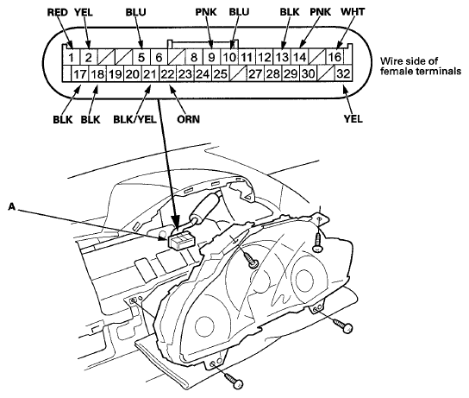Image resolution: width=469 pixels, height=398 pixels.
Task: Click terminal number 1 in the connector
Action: point(71,57)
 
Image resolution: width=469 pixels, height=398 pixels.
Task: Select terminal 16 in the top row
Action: point(335,57)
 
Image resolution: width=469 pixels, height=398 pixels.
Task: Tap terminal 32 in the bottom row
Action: point(343,73)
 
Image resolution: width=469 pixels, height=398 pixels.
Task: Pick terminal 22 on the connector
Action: point(167,73)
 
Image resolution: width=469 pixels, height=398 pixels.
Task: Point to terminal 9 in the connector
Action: point(211,57)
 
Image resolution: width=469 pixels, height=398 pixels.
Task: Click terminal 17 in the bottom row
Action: point(80,73)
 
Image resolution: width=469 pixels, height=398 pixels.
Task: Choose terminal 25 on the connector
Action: point(220,73)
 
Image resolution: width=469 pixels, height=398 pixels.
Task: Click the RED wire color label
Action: point(58,12)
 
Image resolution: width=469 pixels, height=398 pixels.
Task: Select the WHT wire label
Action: point(353,12)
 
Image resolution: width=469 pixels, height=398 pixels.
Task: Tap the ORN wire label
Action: point(188,119)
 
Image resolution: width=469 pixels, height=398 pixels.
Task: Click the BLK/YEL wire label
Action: point(134,119)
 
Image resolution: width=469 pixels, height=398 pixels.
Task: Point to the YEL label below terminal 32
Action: point(353,119)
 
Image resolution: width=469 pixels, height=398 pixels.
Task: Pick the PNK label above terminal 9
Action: point(206,12)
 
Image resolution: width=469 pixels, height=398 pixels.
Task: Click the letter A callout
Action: point(11,206)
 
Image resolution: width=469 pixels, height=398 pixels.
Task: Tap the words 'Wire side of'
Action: point(409,61)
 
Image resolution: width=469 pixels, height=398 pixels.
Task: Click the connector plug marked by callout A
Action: point(180,239)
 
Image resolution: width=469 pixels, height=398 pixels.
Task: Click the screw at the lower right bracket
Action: point(343,325)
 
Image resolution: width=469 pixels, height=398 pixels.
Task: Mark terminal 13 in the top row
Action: point(282,57)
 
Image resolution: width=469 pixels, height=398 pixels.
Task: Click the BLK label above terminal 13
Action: point(289,12)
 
